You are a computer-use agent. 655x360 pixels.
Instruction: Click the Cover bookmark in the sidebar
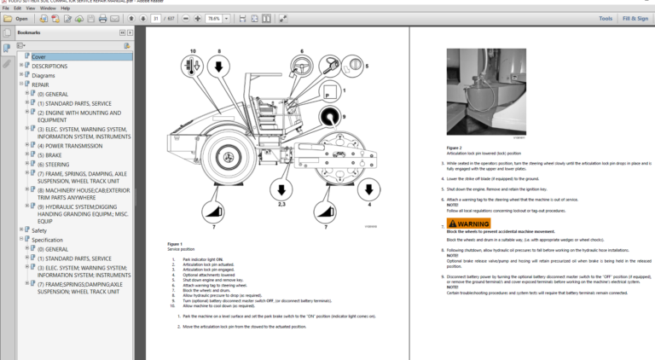pos(39,57)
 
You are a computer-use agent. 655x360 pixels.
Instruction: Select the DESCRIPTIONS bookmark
pos(49,66)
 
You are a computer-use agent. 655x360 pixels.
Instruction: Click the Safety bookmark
pos(39,229)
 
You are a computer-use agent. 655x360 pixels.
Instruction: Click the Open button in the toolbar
pos(17,18)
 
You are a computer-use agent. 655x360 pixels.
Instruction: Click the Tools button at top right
pos(605,18)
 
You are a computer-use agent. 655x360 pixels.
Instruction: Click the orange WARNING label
pos(468,224)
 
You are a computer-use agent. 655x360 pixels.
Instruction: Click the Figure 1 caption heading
pos(175,244)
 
